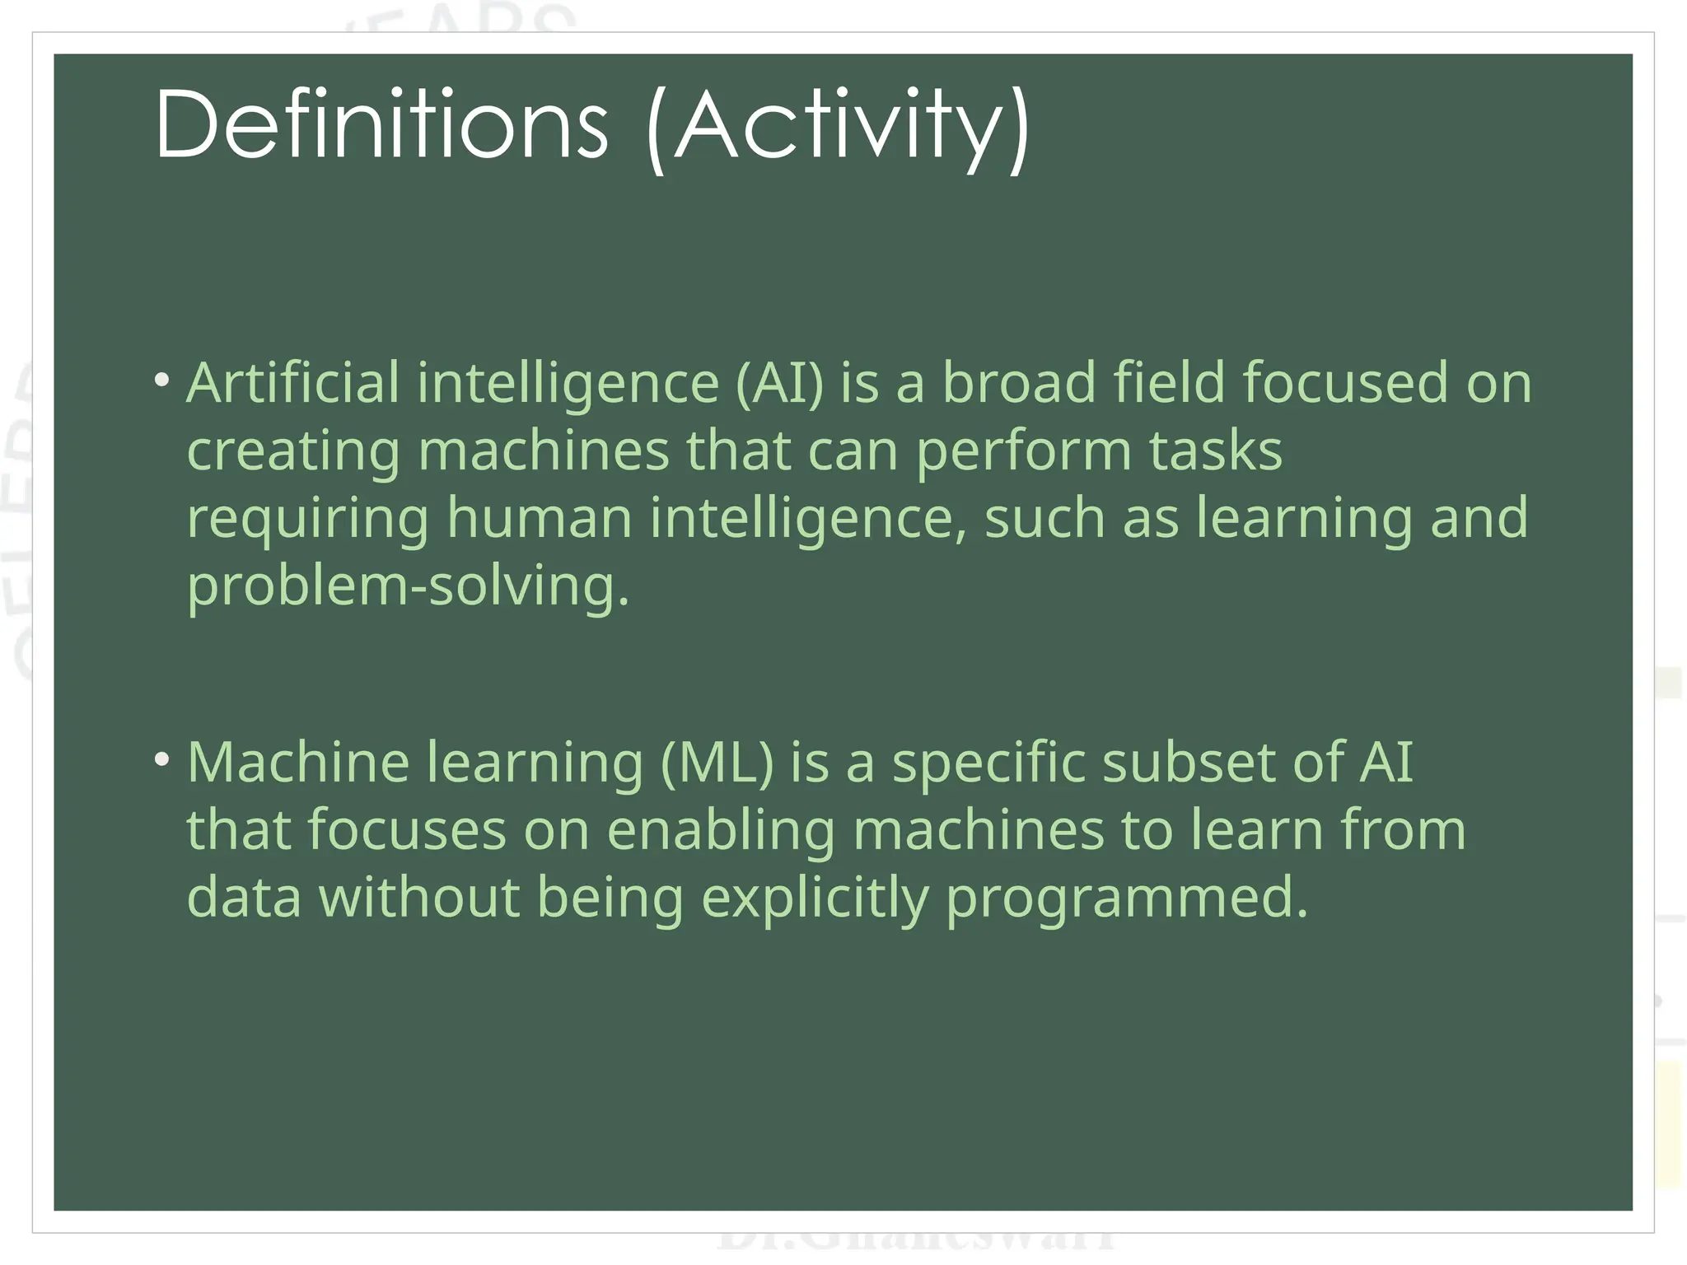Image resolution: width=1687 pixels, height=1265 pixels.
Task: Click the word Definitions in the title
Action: (x=381, y=125)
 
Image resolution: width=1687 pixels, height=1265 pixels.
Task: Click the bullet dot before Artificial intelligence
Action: (x=162, y=380)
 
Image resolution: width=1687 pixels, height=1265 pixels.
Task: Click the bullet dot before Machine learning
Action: (x=162, y=759)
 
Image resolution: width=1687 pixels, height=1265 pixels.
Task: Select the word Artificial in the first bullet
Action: (x=292, y=383)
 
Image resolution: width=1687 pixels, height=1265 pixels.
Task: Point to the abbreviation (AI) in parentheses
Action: (x=779, y=385)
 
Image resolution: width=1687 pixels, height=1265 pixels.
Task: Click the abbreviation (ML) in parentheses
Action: (x=717, y=763)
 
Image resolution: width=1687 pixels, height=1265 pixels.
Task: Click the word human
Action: (x=539, y=518)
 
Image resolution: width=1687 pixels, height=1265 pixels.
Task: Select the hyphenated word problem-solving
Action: (x=408, y=587)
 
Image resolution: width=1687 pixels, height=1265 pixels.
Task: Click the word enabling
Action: (x=721, y=831)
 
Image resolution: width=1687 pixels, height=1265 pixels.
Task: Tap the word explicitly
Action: (x=815, y=899)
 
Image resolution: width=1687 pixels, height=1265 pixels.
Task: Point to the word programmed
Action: (x=1125, y=899)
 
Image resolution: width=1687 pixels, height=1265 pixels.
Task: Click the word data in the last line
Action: (x=244, y=897)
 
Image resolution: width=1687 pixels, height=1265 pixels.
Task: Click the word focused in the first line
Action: (x=1344, y=383)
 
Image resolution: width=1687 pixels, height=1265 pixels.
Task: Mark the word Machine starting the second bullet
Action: (x=298, y=762)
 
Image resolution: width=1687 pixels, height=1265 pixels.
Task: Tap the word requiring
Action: (x=308, y=520)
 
